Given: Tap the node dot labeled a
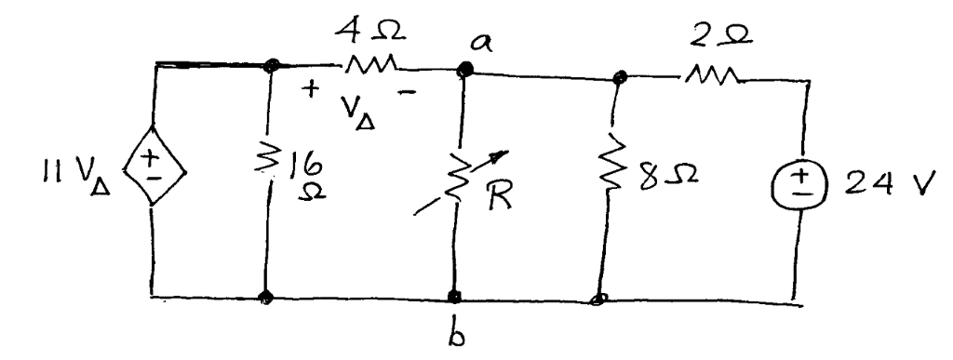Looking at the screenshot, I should point(463,68).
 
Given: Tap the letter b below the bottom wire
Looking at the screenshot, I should point(456,336).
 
